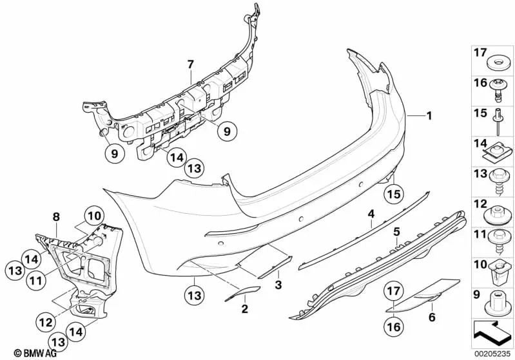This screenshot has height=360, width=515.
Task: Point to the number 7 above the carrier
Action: coord(191,64)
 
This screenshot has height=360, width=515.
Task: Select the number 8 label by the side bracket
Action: coord(56,217)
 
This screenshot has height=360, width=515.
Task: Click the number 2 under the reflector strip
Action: coord(244,309)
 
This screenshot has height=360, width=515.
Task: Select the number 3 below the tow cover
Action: coord(278,283)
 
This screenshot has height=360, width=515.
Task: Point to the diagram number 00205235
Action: coord(491,353)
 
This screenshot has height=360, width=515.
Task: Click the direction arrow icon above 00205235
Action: coord(493,332)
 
